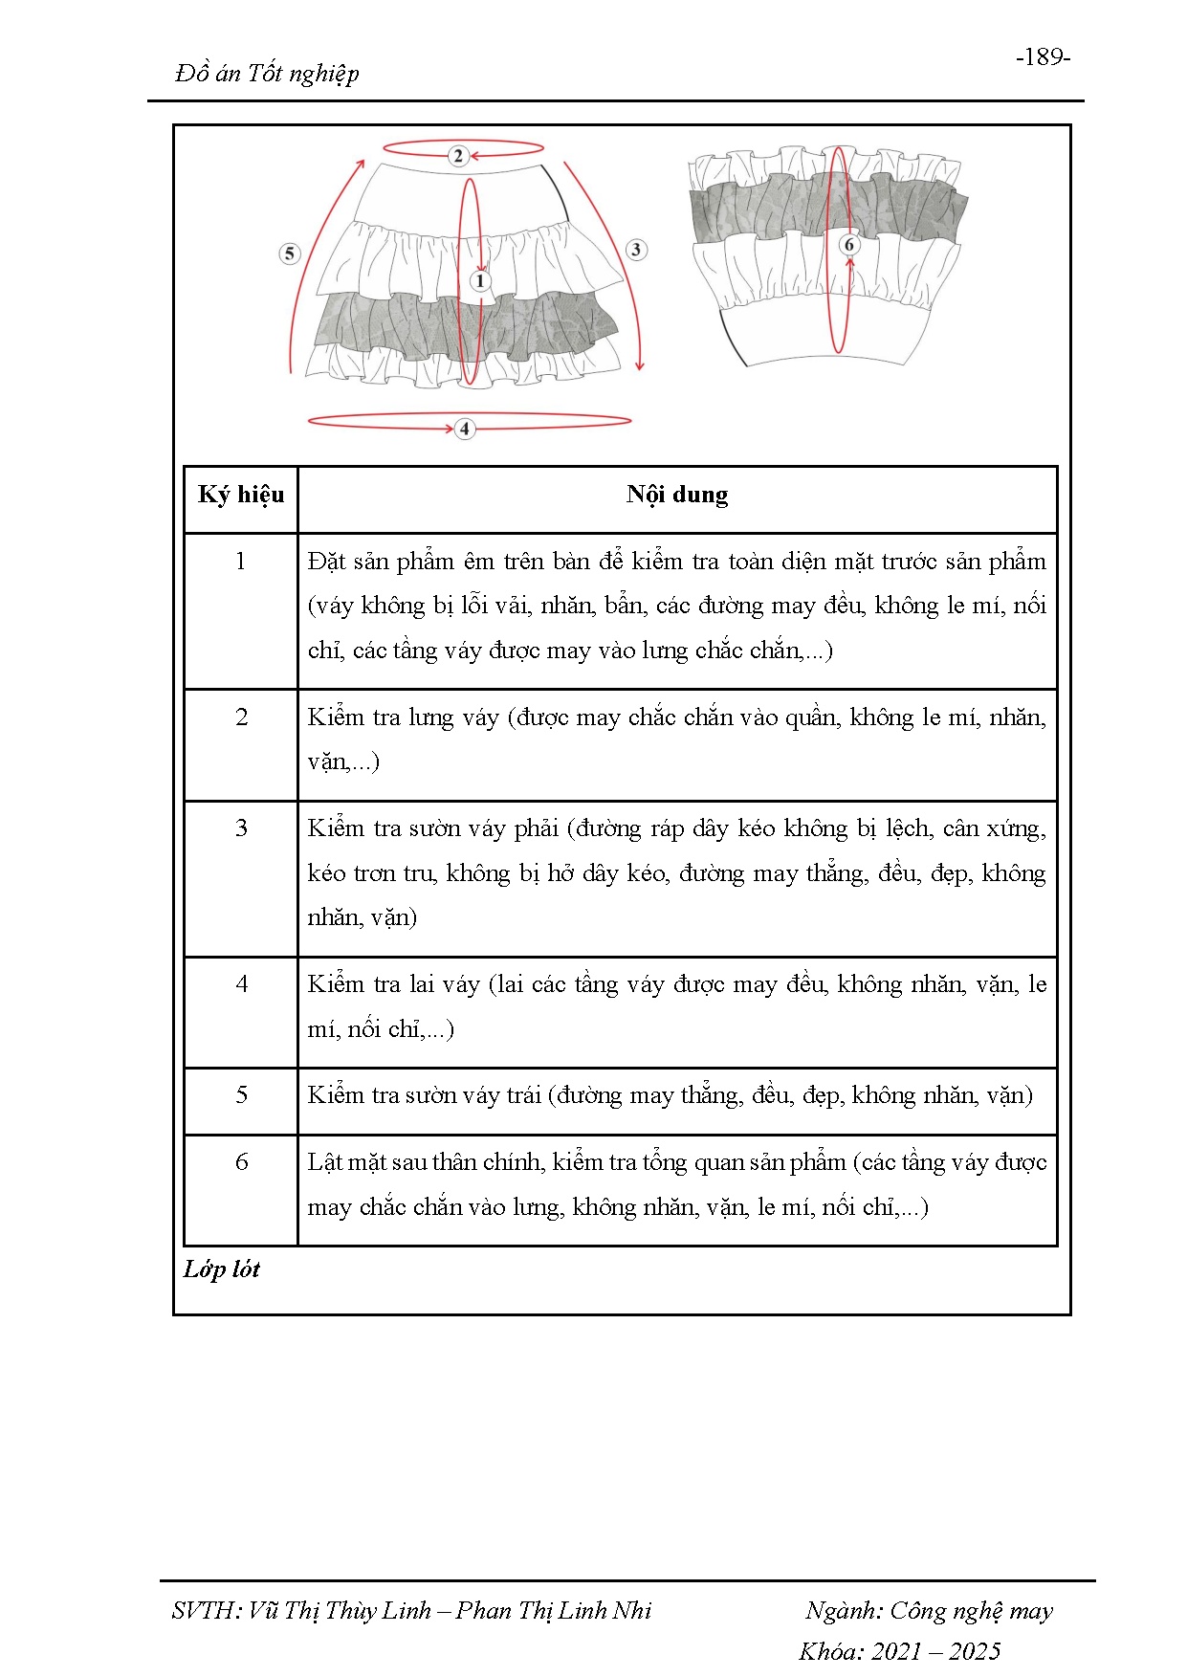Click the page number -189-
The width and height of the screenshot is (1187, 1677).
[1043, 57]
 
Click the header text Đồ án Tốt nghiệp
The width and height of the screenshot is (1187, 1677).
[267, 74]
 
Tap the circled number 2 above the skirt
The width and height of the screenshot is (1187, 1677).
[458, 155]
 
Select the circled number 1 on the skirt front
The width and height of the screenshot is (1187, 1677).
[480, 281]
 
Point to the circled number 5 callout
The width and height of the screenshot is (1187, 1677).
[290, 254]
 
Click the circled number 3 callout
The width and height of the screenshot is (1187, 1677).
[636, 250]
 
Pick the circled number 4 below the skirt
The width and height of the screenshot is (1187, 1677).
[465, 429]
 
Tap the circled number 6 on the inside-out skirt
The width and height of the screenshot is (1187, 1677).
[848, 245]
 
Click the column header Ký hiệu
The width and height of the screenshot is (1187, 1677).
[241, 495]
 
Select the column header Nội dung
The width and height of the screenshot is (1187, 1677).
[677, 495]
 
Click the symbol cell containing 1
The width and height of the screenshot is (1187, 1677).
[241, 562]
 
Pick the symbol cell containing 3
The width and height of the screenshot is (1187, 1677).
[241, 828]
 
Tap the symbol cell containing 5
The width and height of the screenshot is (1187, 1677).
[241, 1095]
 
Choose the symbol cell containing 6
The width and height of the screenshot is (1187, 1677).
[241, 1162]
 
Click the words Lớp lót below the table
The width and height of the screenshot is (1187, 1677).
[222, 1269]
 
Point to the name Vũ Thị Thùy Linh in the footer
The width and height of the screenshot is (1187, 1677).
[340, 1610]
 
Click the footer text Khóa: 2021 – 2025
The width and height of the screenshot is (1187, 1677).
[899, 1651]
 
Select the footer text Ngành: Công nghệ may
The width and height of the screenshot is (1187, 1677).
[928, 1610]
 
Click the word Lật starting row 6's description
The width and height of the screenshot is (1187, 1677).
[323, 1162]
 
